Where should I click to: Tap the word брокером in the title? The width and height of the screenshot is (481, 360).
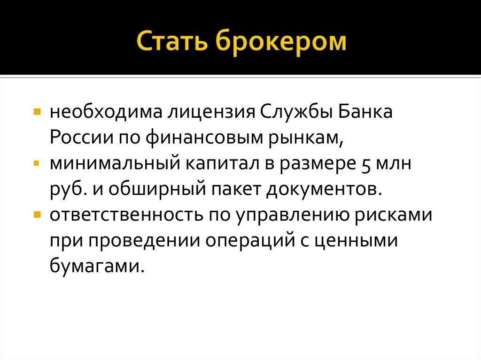281,43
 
